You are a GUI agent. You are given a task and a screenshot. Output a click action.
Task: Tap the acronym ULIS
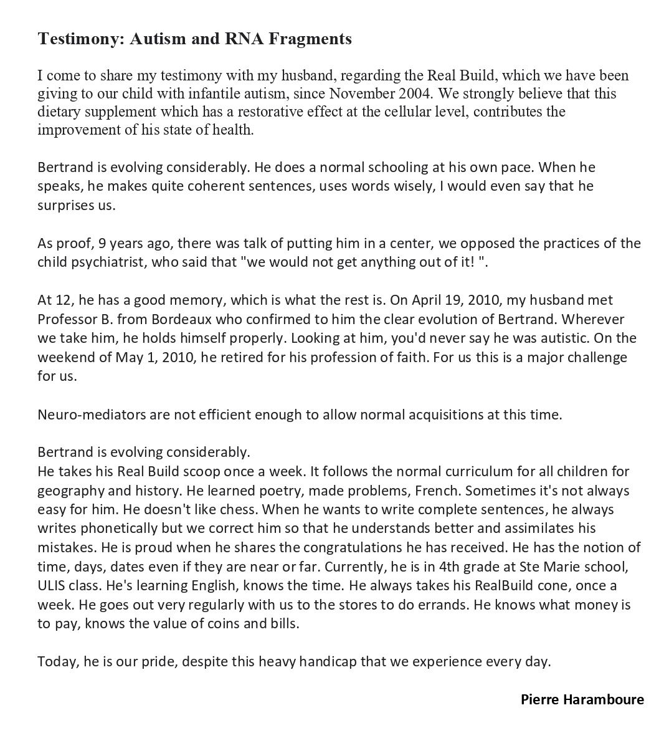pos(52,586)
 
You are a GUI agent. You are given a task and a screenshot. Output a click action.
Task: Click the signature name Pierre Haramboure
pos(582,699)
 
